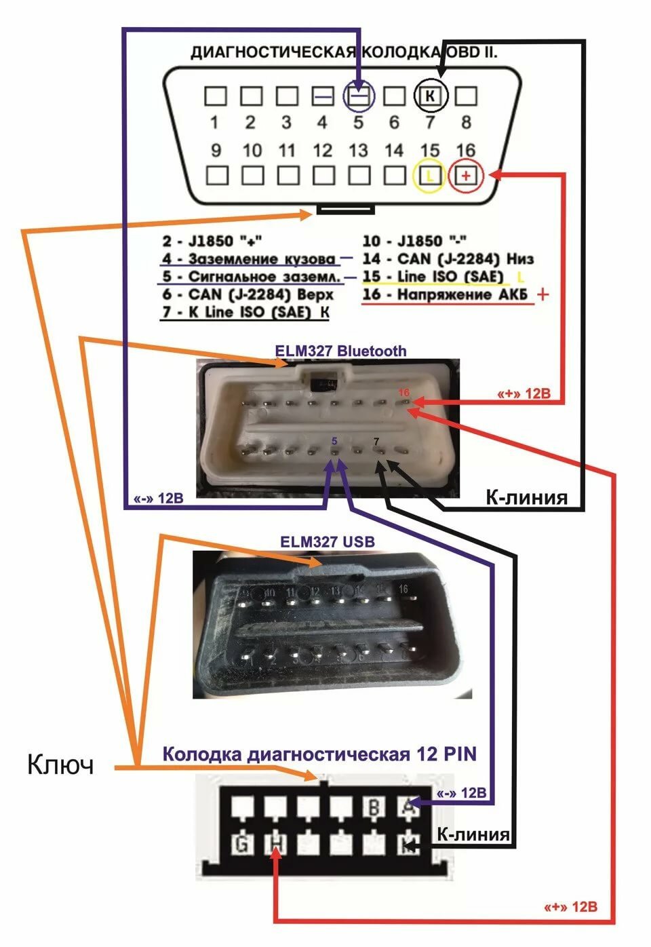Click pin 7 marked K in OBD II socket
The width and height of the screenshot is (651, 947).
pos(430,96)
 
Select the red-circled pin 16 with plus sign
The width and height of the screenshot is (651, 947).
pos(466,176)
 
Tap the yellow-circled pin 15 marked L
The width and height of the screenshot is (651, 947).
pos(430,176)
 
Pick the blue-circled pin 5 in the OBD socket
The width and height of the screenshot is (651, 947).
pos(359,96)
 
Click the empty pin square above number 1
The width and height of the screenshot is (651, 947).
pos(215,96)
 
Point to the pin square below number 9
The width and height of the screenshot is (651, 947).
pos(216,176)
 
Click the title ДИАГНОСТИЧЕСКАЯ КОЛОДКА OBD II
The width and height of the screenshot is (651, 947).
pos(344,53)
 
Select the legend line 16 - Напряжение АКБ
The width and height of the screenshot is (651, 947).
pos(448,295)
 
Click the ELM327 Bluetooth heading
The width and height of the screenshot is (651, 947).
pos(340,351)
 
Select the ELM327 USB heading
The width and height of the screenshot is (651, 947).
pos(327,542)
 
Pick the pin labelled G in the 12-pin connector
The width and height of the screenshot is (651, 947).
pos(241,845)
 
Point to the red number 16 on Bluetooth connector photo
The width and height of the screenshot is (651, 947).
pos(404,393)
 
